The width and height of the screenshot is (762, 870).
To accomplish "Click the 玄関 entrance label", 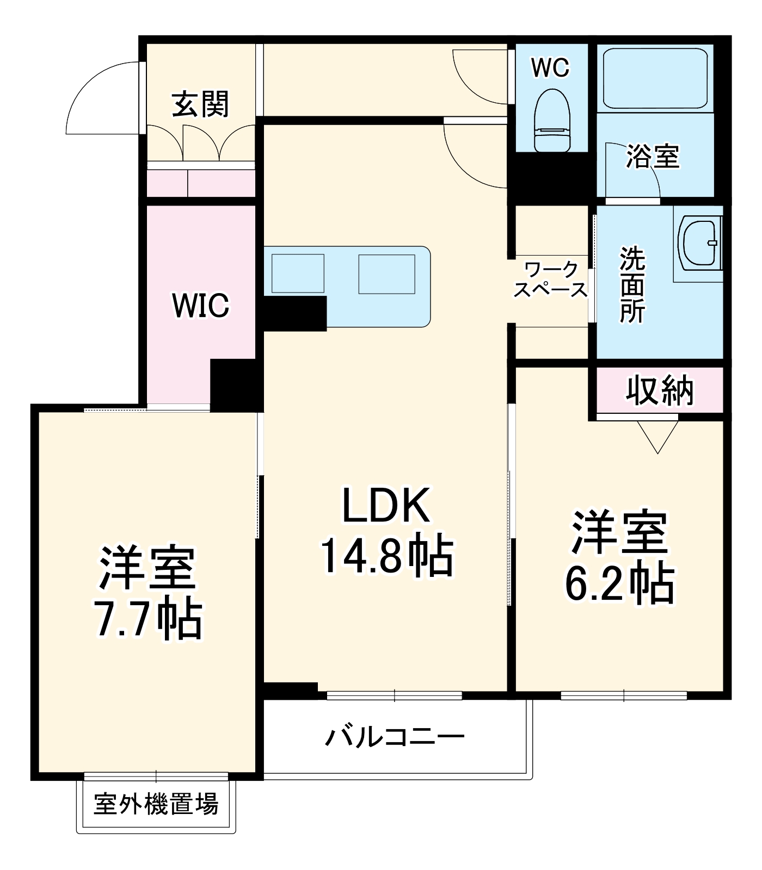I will pyautogui.click(x=201, y=104).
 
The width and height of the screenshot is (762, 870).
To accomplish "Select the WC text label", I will pyautogui.click(x=550, y=68).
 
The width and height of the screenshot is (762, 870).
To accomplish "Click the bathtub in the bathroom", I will pyautogui.click(x=655, y=78).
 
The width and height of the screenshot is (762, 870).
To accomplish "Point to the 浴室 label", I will pyautogui.click(x=653, y=157).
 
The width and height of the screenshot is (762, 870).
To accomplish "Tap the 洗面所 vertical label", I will pyautogui.click(x=632, y=285).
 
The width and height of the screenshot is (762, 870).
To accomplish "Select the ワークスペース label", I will pyautogui.click(x=551, y=280).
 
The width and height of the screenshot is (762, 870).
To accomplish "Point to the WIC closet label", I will pyautogui.click(x=200, y=306).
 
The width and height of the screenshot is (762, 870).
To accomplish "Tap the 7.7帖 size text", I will pyautogui.click(x=148, y=620).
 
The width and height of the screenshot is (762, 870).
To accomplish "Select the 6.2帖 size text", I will pyautogui.click(x=619, y=584).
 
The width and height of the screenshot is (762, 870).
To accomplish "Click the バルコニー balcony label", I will pyautogui.click(x=395, y=737).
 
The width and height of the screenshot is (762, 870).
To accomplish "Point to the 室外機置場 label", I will pyautogui.click(x=156, y=804).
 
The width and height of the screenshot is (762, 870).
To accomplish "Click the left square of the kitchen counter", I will pyautogui.click(x=298, y=274).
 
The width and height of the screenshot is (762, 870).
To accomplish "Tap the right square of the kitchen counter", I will pyautogui.click(x=386, y=274).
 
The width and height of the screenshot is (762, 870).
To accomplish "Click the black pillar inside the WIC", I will pyautogui.click(x=232, y=385).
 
